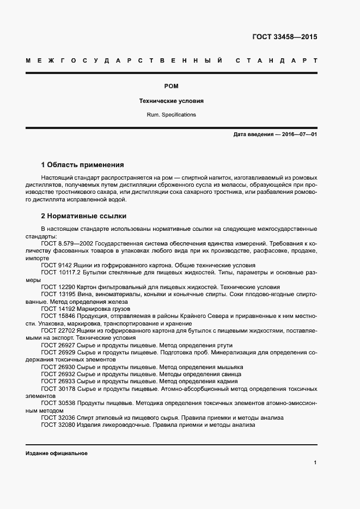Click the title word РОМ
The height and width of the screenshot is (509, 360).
pos(172,86)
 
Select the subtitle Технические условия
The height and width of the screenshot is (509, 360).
pos(172,101)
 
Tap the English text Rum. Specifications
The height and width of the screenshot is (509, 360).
pos(172,115)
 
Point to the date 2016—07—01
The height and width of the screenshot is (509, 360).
pos(299,134)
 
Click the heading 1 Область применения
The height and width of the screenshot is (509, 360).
pos(83,164)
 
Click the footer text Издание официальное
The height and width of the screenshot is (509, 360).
pos(56,453)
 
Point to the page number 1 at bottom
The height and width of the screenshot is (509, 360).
pos(315,463)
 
